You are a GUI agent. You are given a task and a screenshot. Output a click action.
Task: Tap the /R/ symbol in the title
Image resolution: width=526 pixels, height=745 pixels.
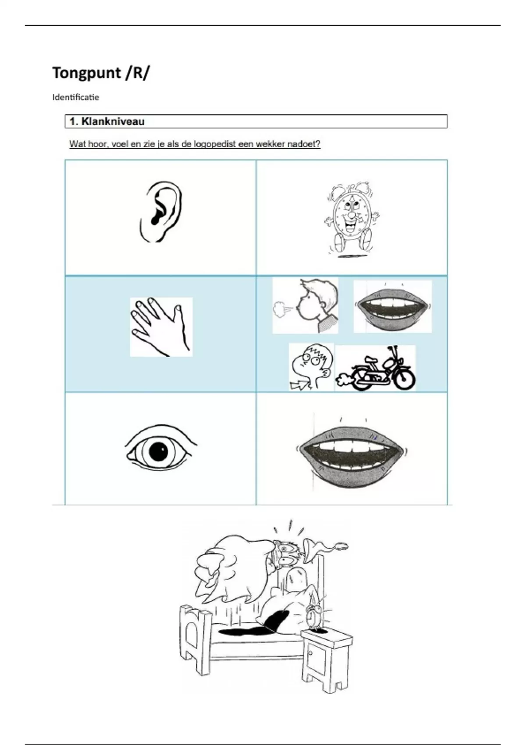click(137, 73)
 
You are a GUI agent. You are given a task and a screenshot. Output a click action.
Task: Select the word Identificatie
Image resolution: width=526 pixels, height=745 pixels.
click(75, 97)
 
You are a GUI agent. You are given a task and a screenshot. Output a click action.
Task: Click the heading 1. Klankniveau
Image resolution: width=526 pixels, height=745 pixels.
click(107, 121)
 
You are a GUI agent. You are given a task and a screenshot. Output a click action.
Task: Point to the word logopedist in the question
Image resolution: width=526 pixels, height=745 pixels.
click(194, 144)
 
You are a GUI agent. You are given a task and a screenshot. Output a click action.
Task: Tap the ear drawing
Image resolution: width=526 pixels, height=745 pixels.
click(161, 212)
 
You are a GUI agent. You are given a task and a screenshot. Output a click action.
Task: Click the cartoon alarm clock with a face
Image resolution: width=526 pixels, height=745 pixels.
click(352, 220)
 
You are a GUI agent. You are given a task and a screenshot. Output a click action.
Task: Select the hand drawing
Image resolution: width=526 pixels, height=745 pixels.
click(161, 326)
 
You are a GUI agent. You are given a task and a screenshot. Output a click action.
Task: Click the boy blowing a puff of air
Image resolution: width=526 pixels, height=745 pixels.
click(306, 305)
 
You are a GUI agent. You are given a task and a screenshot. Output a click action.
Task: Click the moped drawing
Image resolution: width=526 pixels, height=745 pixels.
click(376, 368)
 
